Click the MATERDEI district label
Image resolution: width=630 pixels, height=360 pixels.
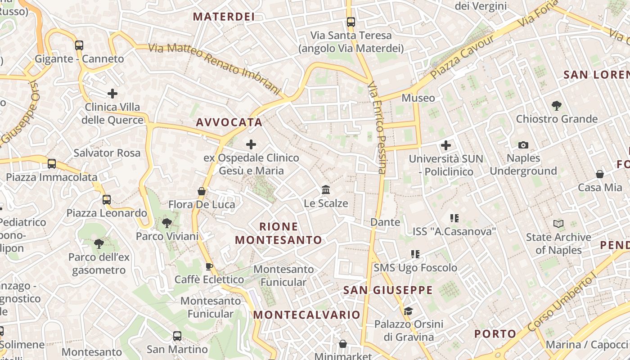[x=224, y=17]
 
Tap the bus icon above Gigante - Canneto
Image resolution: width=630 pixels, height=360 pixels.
[x=79, y=45]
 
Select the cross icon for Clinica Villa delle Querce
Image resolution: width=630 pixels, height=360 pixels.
[x=112, y=94]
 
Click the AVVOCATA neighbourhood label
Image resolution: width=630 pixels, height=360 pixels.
[x=229, y=122]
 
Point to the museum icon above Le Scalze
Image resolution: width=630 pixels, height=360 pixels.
[x=326, y=190]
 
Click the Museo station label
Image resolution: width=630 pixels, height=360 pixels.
[x=418, y=98]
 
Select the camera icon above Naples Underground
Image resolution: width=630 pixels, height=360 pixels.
[x=523, y=145]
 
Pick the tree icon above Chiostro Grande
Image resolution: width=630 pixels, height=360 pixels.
[x=557, y=106]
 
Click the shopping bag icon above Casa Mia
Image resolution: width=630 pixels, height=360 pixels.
[x=599, y=174]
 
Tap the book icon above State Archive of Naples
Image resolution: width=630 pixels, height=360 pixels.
[x=558, y=224]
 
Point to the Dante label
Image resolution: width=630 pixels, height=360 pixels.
[x=385, y=222]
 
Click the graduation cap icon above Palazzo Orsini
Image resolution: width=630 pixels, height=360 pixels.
[x=408, y=311]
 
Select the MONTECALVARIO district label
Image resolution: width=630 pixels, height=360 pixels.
[x=306, y=315]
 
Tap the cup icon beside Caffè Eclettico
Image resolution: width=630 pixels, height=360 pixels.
[x=209, y=266]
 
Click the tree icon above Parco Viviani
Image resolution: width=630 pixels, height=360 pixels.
[x=167, y=223]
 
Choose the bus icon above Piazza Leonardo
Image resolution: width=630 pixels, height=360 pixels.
[x=107, y=199]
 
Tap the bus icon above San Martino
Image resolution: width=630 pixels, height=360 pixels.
[x=177, y=336]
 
